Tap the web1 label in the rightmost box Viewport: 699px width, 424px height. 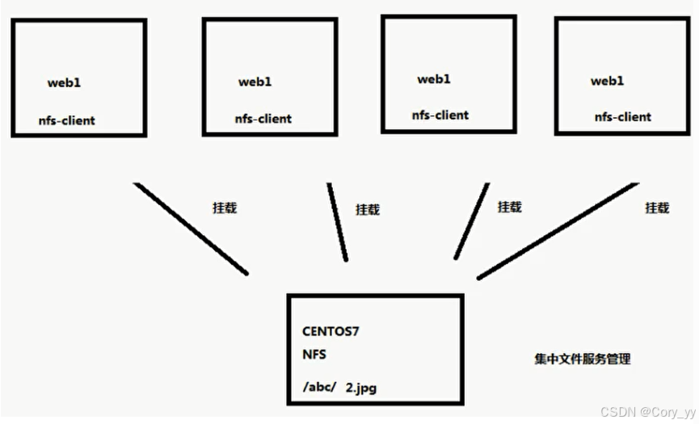coord(608,81)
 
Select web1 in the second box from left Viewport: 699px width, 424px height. coord(255,82)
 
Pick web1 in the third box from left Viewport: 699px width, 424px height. coord(433,79)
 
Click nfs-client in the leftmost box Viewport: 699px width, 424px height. coord(66,120)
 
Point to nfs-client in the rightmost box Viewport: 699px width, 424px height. coord(623,117)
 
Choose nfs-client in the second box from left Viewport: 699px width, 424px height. coord(263,119)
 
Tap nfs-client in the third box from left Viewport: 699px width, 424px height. coord(440,115)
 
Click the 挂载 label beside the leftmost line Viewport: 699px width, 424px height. coord(225,208)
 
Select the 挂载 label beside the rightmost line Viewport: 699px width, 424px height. coord(657,208)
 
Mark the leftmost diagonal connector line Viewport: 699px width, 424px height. coord(191,229)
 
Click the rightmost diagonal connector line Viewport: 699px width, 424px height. coord(558,231)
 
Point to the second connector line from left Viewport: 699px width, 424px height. coord(337,222)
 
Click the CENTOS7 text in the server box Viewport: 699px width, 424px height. coord(331,332)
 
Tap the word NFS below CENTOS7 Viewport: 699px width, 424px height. coord(314,354)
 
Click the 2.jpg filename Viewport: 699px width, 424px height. coord(360,388)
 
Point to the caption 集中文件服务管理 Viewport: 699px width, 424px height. coord(582,359)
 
